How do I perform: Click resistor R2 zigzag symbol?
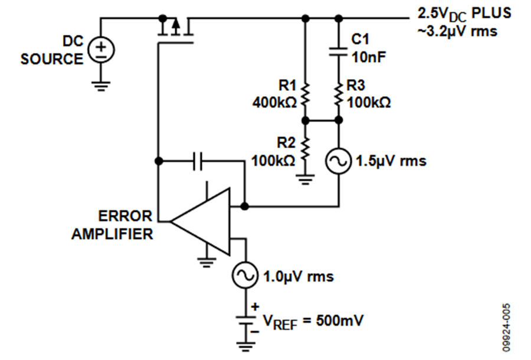[306, 149]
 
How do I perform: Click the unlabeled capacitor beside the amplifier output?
[198, 161]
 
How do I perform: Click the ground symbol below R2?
[306, 180]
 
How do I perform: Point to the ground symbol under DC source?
[101, 86]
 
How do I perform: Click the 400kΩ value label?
[274, 102]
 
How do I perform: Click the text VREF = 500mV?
[313, 322]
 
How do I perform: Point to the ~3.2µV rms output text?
[457, 31]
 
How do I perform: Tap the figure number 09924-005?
[506, 327]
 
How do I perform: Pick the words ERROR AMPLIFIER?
[112, 225]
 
